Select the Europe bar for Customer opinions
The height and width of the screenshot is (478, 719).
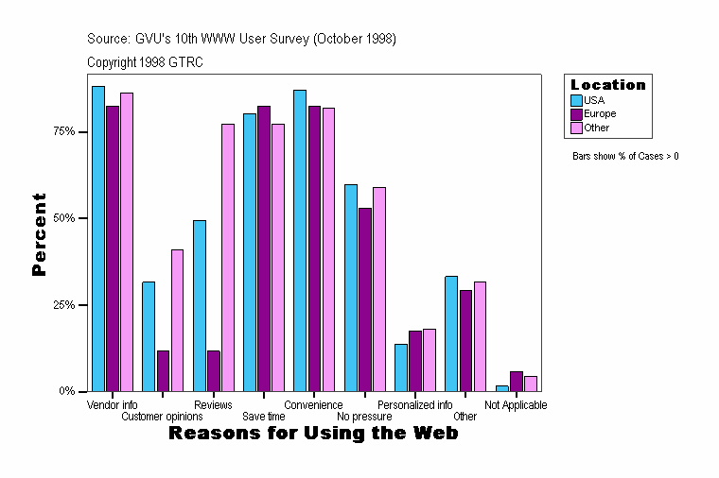(164, 370)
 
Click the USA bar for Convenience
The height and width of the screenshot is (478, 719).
(300, 240)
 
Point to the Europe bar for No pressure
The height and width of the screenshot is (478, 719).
(365, 299)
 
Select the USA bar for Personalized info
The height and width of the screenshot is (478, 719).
(401, 367)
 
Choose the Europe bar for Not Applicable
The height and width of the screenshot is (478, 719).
(516, 382)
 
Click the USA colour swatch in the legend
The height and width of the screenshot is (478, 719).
(577, 100)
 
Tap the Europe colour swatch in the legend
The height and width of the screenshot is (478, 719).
(577, 113)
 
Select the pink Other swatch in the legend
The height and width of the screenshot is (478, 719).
(577, 128)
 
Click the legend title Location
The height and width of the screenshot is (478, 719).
(608, 85)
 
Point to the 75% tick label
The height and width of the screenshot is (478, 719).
(63, 131)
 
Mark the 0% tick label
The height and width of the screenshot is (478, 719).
(67, 391)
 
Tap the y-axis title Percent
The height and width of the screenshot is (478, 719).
(39, 234)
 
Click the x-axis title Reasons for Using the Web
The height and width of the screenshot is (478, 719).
(313, 434)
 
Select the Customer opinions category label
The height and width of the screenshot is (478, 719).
(163, 417)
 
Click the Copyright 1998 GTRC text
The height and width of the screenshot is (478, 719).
(145, 62)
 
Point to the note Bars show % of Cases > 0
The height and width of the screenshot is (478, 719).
(625, 156)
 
